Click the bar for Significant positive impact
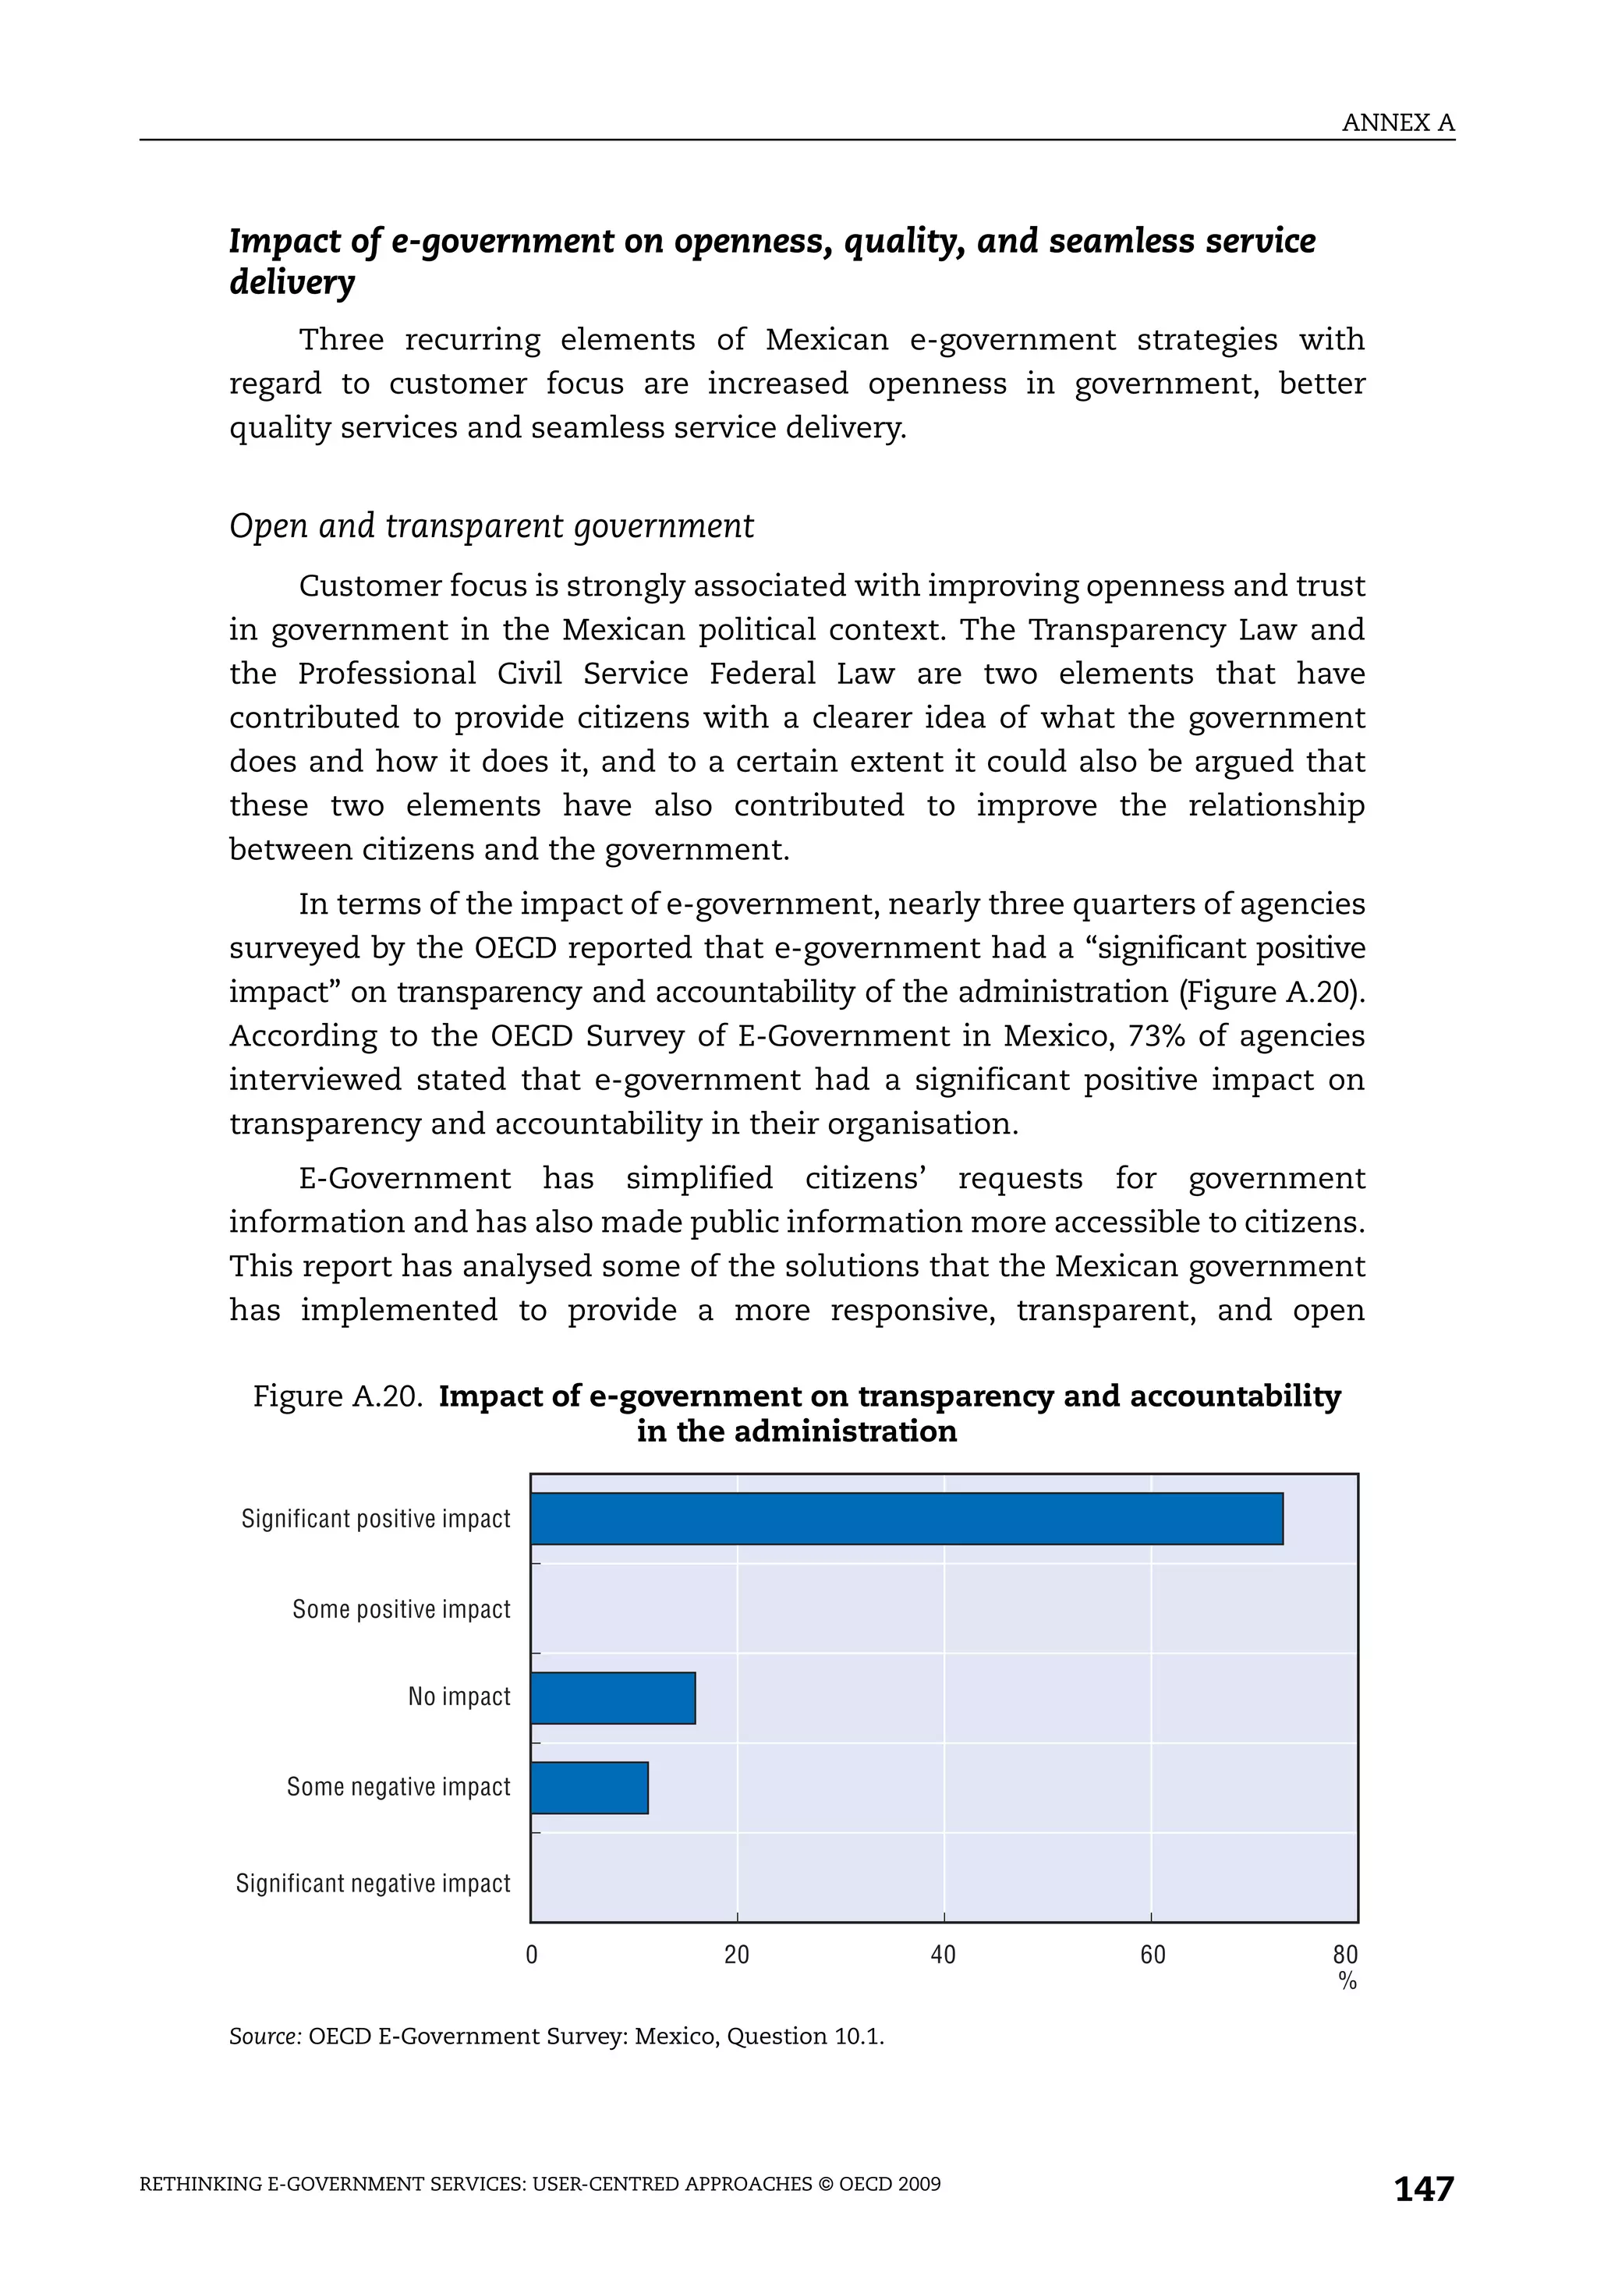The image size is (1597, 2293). [906, 1518]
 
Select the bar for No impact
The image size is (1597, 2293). [612, 1698]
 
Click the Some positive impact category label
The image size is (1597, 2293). [401, 1609]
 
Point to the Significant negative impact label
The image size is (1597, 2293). [373, 1883]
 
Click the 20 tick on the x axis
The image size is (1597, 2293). [736, 1955]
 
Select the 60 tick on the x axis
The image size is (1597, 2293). [1152, 1955]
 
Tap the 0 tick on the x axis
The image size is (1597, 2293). [531, 1955]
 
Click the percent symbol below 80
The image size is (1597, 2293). [1347, 1981]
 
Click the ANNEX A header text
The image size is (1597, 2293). [1397, 123]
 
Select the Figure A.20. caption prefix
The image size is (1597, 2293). [338, 1395]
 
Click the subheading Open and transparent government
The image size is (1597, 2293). [491, 526]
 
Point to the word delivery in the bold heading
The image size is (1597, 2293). [292, 283]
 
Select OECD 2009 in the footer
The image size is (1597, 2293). [890, 2184]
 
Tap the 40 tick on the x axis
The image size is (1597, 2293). [943, 1955]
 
